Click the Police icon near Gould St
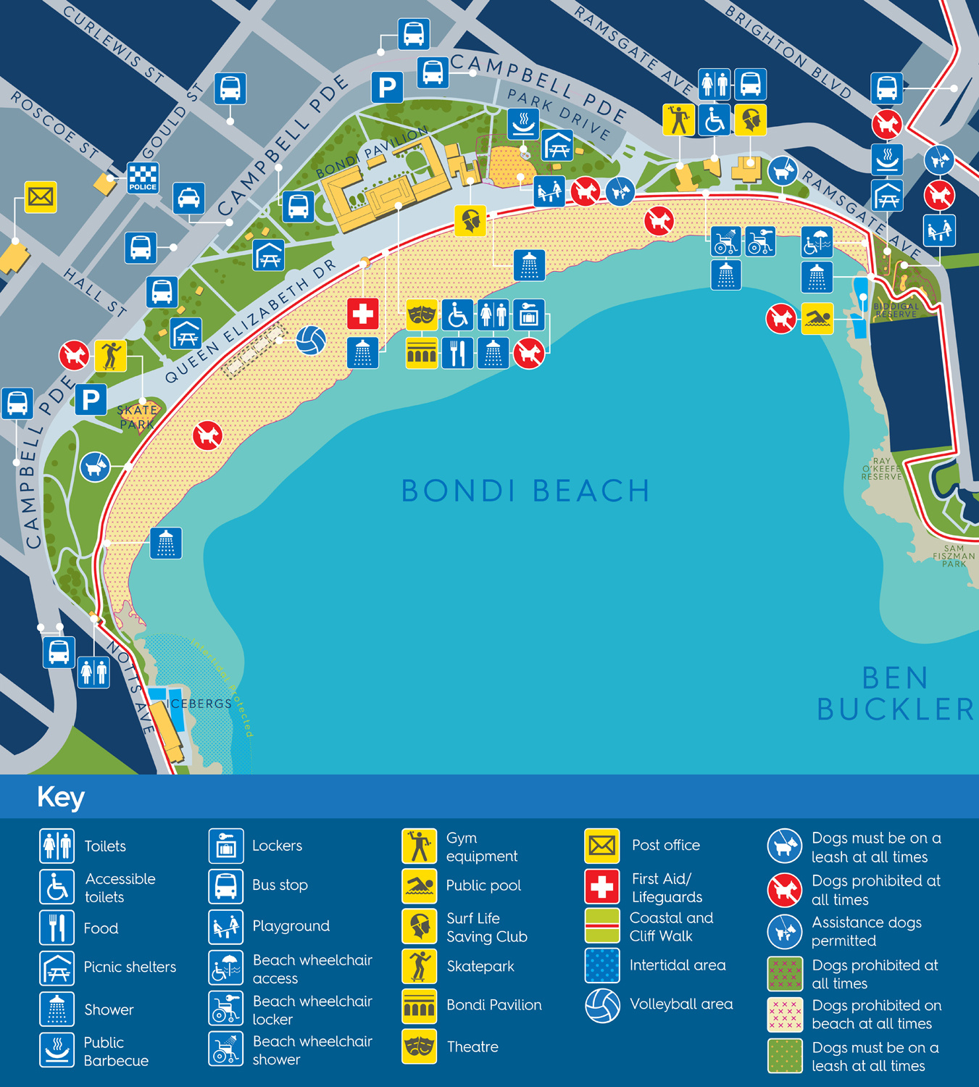pyautogui.click(x=143, y=178)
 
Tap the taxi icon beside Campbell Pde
pyautogui.click(x=188, y=198)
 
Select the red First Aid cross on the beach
pyautogui.click(x=362, y=314)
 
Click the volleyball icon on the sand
pyautogui.click(x=311, y=341)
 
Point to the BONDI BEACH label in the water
pyautogui.click(x=525, y=491)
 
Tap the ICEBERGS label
pyautogui.click(x=199, y=704)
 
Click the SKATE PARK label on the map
pyautogui.click(x=137, y=417)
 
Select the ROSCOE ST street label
pyautogui.click(x=55, y=124)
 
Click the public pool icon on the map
pyautogui.click(x=817, y=318)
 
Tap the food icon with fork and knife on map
pyautogui.click(x=457, y=354)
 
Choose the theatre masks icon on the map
pyautogui.click(x=422, y=315)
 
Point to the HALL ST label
pyautogui.click(x=95, y=292)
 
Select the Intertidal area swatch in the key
pyautogui.click(x=602, y=965)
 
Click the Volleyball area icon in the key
pyautogui.click(x=602, y=1005)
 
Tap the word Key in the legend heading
pyautogui.click(x=61, y=797)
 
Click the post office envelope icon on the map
pyautogui.click(x=41, y=196)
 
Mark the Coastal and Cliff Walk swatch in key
pyautogui.click(x=602, y=925)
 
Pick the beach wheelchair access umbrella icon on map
pyautogui.click(x=817, y=242)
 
